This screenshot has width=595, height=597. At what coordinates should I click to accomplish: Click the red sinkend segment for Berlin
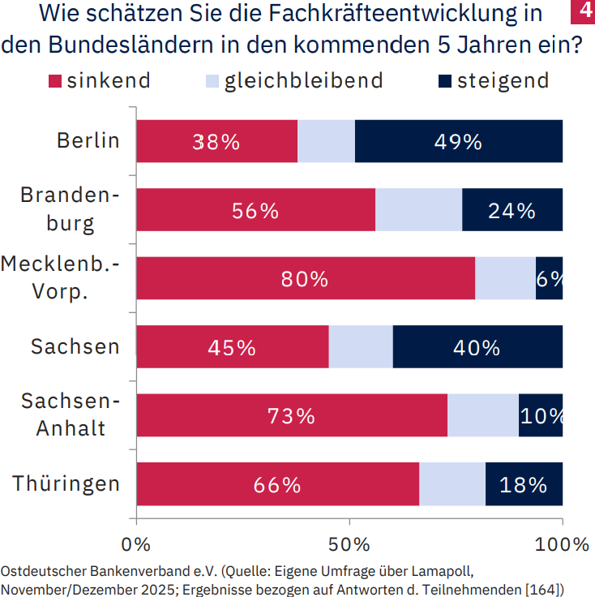(x=216, y=141)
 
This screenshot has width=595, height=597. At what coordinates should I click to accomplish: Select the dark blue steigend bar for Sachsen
(x=477, y=347)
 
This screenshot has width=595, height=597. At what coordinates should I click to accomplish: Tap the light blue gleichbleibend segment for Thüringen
(x=452, y=484)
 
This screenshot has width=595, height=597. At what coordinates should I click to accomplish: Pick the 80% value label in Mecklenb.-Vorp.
(x=305, y=279)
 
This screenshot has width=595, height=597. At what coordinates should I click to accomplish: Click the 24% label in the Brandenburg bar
(x=512, y=211)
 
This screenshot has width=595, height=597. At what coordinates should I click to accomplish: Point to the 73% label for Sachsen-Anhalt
(x=292, y=416)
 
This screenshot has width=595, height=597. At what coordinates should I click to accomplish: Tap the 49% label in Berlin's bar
(x=458, y=142)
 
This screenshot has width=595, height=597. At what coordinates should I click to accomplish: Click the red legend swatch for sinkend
(x=55, y=81)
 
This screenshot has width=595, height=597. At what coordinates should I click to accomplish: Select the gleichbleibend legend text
(x=303, y=80)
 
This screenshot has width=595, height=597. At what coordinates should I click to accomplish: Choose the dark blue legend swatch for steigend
(x=445, y=81)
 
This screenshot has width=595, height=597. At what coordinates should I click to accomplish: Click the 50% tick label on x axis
(x=349, y=543)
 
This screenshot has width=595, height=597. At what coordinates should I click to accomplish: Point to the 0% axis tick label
(x=136, y=543)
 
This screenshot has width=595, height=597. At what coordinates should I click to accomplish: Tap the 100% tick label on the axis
(x=562, y=543)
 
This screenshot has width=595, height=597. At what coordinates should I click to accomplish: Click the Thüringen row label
(x=66, y=484)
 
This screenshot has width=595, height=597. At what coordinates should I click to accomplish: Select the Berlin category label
(x=88, y=140)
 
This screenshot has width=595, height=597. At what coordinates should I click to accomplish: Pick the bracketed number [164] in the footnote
(x=544, y=588)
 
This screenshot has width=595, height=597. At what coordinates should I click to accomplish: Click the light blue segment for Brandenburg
(x=418, y=210)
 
